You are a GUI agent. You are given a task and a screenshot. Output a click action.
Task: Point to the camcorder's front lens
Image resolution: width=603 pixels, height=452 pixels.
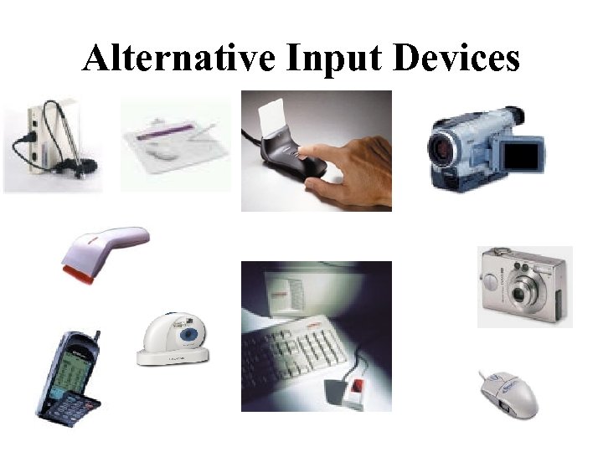click(x=445, y=149)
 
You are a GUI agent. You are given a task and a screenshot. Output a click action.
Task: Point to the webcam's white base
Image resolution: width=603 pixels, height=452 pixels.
click(x=172, y=356)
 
